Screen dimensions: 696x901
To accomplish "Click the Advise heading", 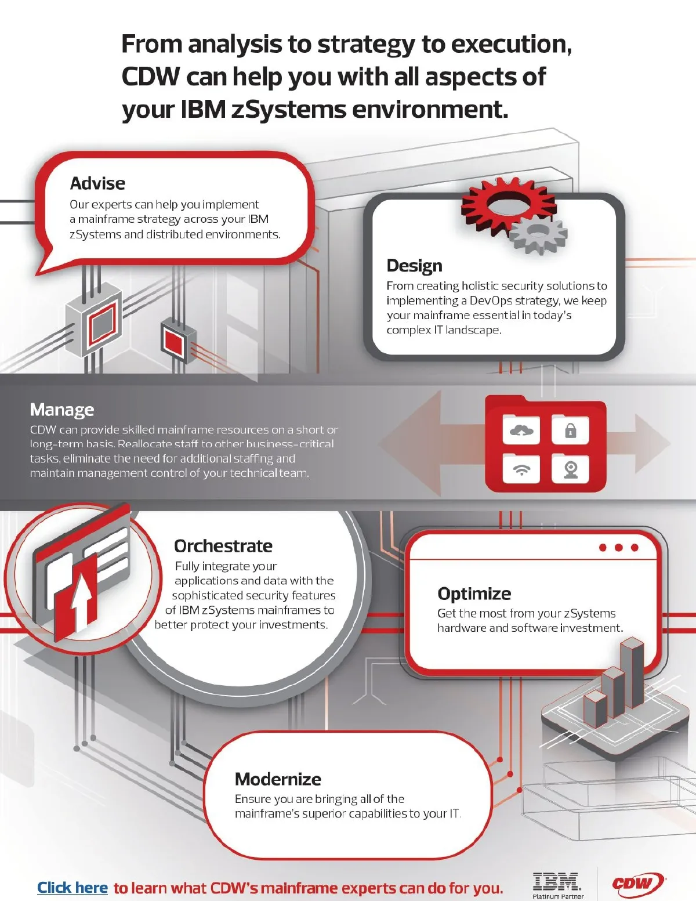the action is tap(97, 183).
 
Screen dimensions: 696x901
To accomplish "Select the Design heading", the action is tap(415, 266).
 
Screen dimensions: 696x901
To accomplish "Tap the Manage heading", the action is tap(62, 410).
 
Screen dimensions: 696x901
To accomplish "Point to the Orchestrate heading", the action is tap(223, 546).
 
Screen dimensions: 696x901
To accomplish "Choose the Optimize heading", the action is tap(474, 594).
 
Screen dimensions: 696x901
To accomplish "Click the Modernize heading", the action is tap(278, 780).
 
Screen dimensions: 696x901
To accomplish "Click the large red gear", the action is tap(509, 203).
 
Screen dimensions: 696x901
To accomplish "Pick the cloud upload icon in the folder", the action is tap(521, 431).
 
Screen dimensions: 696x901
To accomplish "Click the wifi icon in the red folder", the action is tap(521, 470).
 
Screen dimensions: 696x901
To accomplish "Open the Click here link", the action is tap(72, 888).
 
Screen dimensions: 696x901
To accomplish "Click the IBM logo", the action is tap(557, 882).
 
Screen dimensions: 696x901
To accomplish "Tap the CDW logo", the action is tap(639, 883).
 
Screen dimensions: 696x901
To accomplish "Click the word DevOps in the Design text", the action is tap(489, 301).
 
